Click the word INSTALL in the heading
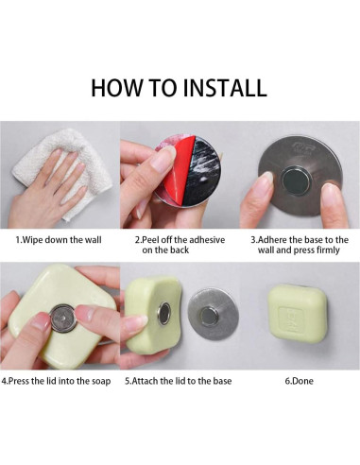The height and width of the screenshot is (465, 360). [225, 87]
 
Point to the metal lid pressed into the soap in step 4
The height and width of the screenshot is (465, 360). [63, 319]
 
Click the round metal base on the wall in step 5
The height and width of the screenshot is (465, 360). [213, 314]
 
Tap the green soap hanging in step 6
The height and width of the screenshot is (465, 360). [298, 314]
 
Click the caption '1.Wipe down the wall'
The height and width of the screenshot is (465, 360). [59, 240]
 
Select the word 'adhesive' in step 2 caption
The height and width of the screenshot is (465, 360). [207, 240]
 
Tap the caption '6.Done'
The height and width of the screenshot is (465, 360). [299, 381]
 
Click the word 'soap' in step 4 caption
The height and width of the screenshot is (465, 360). [101, 381]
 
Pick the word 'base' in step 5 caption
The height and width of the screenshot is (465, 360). [222, 381]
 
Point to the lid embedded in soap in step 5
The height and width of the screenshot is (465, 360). [164, 314]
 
